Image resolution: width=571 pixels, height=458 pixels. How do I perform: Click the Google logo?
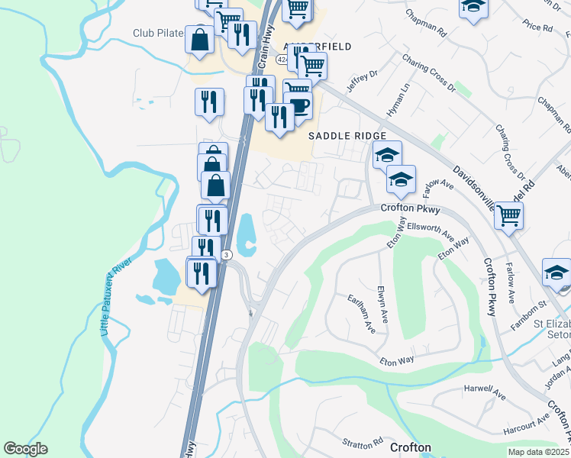click(x=25, y=449)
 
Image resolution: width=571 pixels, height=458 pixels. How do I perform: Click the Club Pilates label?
click(x=159, y=33)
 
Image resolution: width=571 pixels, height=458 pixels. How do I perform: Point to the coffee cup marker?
click(x=298, y=106)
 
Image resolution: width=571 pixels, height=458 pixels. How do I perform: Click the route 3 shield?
click(x=226, y=255)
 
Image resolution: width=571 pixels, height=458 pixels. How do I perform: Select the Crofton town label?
click(x=410, y=447)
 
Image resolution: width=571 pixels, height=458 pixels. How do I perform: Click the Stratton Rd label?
click(x=363, y=443)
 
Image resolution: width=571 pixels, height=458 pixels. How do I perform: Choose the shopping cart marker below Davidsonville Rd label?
click(x=508, y=214)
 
